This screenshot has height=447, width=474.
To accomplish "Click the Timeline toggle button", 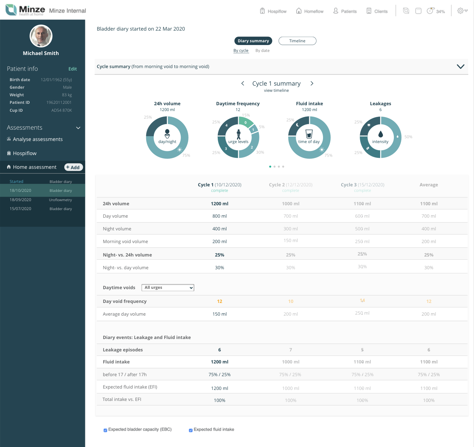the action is coord(297,41).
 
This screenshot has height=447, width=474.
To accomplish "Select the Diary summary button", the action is coord(253,41).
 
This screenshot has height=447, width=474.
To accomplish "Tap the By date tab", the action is coord(262,51).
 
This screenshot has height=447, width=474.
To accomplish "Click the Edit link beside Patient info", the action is coord(73,69).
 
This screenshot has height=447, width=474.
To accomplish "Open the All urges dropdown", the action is coord(168,287).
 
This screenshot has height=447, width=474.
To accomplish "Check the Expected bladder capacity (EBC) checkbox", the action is coord(105,430).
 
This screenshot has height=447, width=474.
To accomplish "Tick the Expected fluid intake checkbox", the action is coord(191,430).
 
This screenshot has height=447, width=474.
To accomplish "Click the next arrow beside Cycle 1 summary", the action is coord(312,83).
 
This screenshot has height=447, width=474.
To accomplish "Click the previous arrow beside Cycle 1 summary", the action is coord(243,83).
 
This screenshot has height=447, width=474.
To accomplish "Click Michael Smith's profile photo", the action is coord(41,36).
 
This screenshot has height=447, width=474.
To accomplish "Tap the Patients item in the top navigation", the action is coord(345,11).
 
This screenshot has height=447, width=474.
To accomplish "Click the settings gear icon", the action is coord(460,11).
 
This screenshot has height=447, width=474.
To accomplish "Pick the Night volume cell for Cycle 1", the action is coord(219,229).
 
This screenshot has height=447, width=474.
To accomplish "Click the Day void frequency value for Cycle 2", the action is coord(290,301).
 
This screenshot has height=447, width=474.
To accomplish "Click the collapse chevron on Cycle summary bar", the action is coord(460,66).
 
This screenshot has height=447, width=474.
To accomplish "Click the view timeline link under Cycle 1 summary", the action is coord(276,90).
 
